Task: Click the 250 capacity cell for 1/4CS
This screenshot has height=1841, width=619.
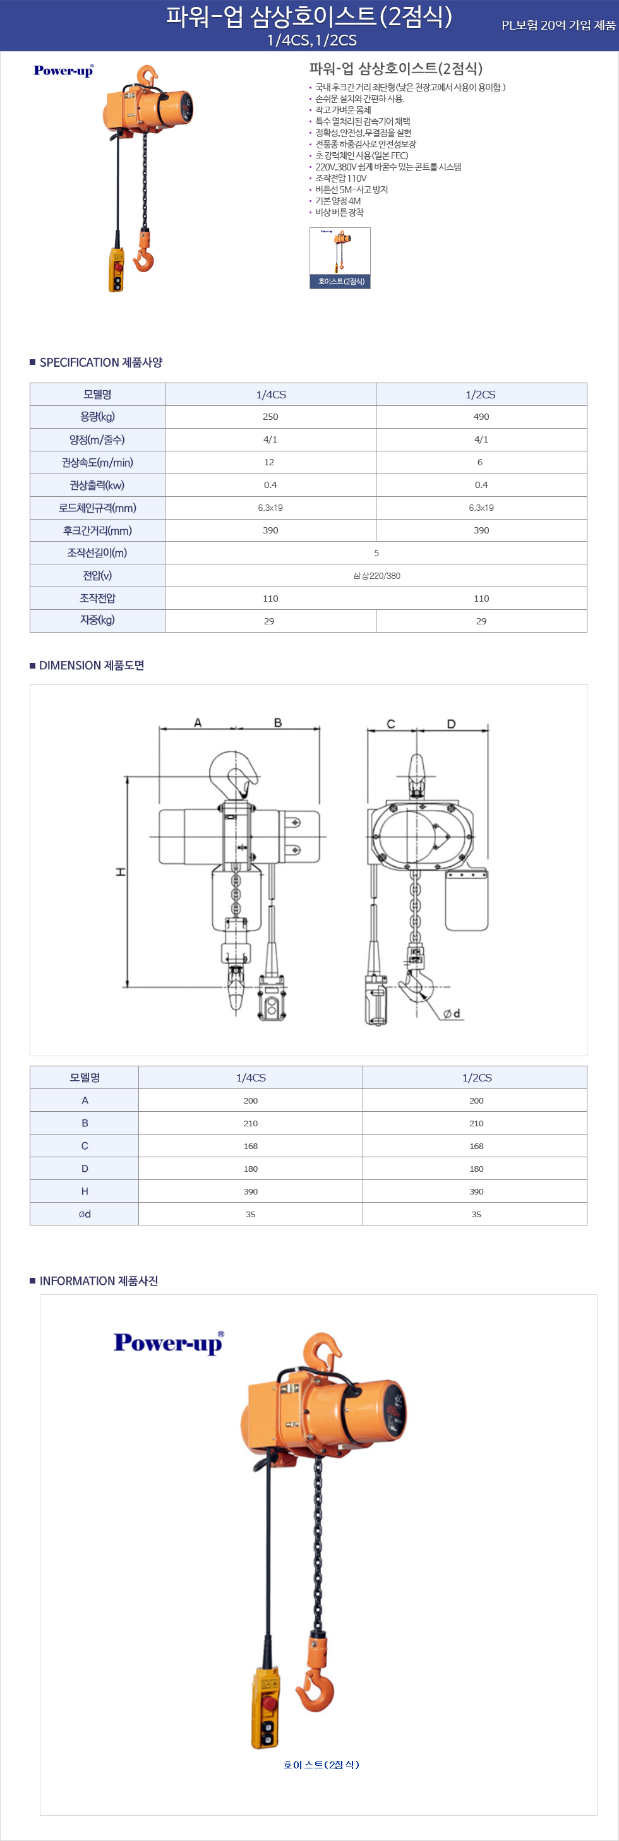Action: (x=270, y=417)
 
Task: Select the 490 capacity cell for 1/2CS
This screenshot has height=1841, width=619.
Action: (x=481, y=417)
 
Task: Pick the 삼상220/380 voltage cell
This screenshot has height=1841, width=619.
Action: (x=376, y=575)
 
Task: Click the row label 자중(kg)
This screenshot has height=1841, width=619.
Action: (x=97, y=621)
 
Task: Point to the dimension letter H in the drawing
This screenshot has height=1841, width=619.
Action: (x=120, y=872)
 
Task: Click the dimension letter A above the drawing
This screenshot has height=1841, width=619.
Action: (x=198, y=722)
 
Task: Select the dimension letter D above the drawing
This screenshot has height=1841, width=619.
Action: (x=451, y=724)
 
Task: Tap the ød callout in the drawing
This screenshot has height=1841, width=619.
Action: (x=452, y=1013)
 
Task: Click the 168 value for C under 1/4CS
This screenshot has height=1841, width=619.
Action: (x=250, y=1147)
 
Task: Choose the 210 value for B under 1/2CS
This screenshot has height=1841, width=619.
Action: (x=476, y=1123)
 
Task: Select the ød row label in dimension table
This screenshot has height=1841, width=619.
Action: (x=85, y=1214)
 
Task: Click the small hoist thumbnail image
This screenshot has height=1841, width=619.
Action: (x=340, y=258)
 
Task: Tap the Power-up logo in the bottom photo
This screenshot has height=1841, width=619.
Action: (x=169, y=1343)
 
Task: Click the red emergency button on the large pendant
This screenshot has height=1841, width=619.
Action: (x=270, y=1704)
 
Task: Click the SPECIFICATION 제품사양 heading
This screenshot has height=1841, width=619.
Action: (x=101, y=362)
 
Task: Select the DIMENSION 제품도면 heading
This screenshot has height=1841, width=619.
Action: (x=92, y=665)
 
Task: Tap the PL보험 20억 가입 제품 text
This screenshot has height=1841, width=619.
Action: (x=558, y=25)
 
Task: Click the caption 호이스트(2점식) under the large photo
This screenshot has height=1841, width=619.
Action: (x=321, y=1765)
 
